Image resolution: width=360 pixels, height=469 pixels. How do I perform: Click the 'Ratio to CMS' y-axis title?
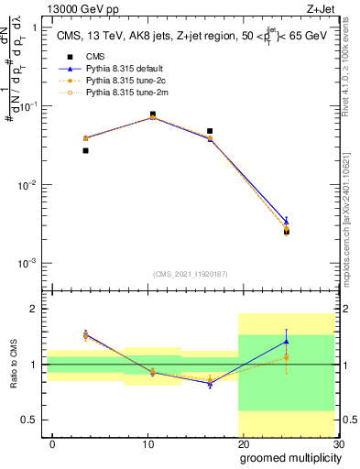pos(13,365)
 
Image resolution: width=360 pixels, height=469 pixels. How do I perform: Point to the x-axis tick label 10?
pos(147,444)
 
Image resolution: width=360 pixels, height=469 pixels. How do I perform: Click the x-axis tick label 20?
pos(243,444)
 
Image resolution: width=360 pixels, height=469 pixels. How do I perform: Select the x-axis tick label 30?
pos(337,444)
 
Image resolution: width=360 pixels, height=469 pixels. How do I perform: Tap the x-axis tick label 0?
pos(52,444)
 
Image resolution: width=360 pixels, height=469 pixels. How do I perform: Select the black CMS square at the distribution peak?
pos(152,115)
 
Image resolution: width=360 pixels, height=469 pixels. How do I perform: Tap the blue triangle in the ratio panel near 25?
pos(286,342)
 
